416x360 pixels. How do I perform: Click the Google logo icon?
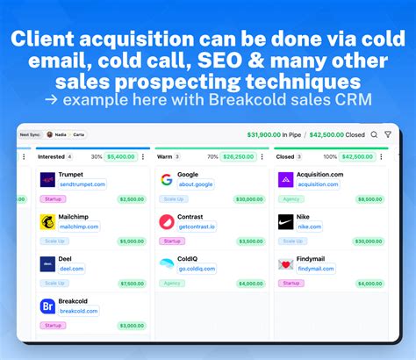coord(167,180)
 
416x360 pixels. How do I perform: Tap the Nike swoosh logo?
coord(285,222)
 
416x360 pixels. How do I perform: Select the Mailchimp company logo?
coord(47,222)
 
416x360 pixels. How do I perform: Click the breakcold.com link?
coord(77,311)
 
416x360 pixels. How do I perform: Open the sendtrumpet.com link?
coord(82,184)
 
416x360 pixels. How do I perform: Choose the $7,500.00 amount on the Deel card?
coord(131,283)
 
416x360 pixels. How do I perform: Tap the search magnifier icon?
coord(374,134)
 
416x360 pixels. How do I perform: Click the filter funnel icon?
coord(388,134)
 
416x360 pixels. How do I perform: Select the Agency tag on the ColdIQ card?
coord(171,283)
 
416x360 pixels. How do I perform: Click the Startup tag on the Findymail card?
coord(289,283)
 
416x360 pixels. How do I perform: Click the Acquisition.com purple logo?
coord(285,180)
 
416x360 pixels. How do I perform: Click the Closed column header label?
coord(284,156)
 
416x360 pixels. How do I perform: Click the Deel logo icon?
coord(47,264)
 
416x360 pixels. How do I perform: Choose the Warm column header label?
coord(164,156)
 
